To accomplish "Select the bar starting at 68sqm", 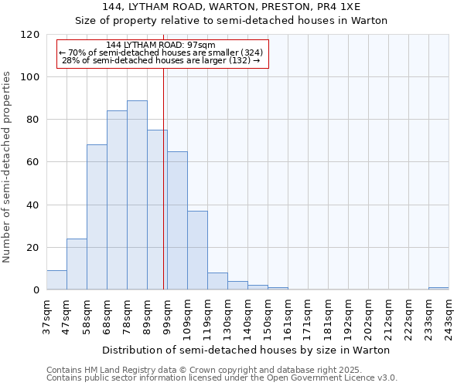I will click(x=117, y=201).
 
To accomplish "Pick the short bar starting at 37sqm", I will click(x=56, y=280).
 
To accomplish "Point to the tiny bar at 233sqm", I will click(x=438, y=289).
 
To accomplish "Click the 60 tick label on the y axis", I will click(x=32, y=163).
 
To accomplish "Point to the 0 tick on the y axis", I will click(x=36, y=290).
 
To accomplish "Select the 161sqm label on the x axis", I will click(x=288, y=317).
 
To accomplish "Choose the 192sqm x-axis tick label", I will click(x=348, y=317).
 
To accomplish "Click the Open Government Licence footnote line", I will click(x=222, y=378).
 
